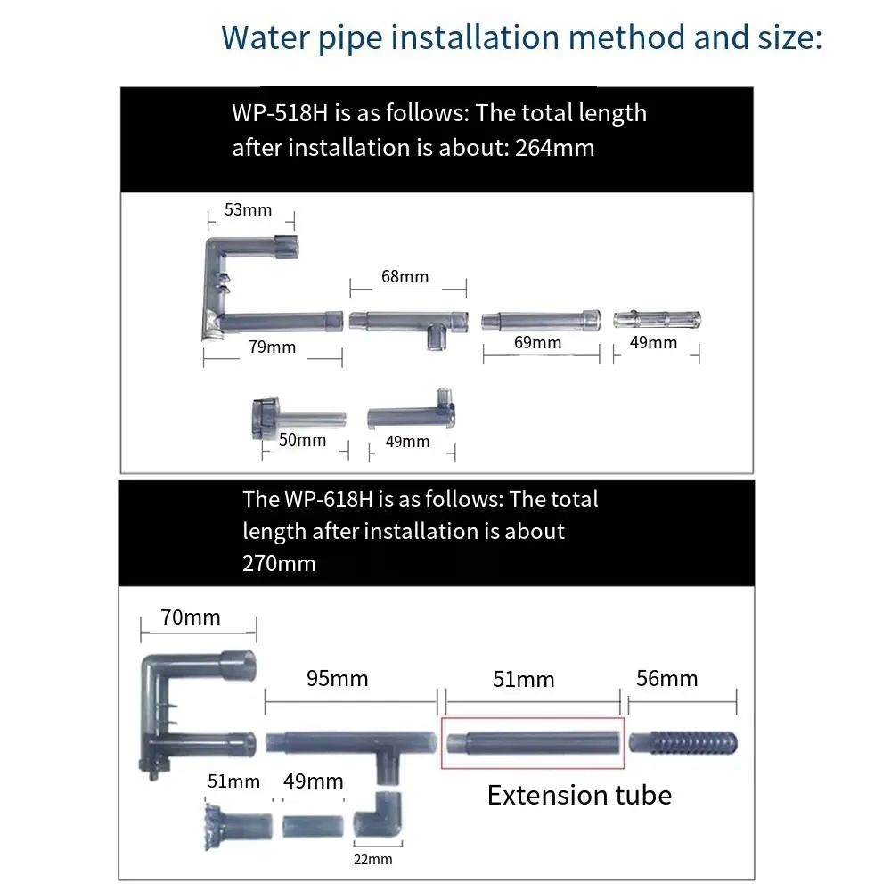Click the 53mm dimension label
pos(249,209)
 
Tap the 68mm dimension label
pos(405,277)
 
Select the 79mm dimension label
pos(272,347)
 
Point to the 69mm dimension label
pos(537,343)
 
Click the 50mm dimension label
pos(302,440)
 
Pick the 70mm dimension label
pos(191,617)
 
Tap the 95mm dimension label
pos(338,678)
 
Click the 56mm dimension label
pos(667,678)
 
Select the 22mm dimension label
pos(372,859)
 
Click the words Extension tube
pos(580,795)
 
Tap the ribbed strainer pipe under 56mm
pos(683,743)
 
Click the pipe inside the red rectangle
pos(533,743)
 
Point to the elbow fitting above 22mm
pos(378,815)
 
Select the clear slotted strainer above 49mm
pos(657,319)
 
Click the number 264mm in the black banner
pos(554,148)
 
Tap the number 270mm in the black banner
pos(279,564)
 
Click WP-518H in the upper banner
pos(280,113)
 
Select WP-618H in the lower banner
pos(329,500)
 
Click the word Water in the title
pos(266,37)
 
